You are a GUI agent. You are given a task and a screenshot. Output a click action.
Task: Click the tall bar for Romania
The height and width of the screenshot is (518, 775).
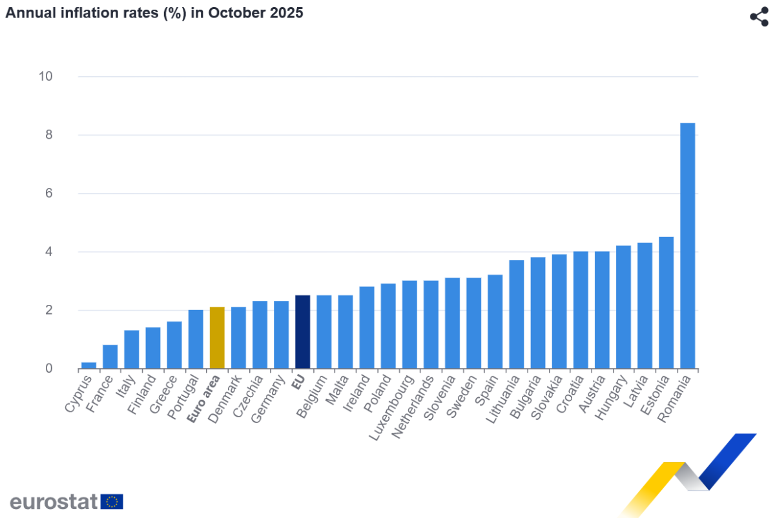[687, 245]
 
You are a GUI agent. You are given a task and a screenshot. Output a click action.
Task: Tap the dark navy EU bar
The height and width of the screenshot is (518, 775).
[302, 332]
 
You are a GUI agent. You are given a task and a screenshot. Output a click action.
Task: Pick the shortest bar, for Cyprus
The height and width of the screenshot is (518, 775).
[88, 366]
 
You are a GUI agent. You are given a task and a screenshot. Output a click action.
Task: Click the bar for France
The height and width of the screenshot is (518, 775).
[110, 357]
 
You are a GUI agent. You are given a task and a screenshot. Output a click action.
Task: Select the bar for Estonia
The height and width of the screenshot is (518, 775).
[666, 303]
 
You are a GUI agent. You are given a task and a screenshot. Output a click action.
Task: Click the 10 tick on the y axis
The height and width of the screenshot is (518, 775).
[45, 76]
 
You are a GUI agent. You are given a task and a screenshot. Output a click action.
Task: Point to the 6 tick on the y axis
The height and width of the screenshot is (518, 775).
[48, 193]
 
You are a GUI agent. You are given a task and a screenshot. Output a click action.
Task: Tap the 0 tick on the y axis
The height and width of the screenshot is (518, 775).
[48, 369]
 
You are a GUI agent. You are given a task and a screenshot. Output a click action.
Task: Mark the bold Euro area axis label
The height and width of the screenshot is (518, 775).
[203, 400]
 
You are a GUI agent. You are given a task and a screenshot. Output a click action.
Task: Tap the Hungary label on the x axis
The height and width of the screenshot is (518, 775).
[610, 398]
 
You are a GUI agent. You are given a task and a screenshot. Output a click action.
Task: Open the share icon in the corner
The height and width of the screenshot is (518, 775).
[758, 17]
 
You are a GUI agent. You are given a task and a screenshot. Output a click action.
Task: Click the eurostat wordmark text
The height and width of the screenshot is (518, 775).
[53, 501]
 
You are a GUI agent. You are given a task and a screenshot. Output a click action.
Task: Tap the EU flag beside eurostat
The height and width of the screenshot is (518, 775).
[112, 501]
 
